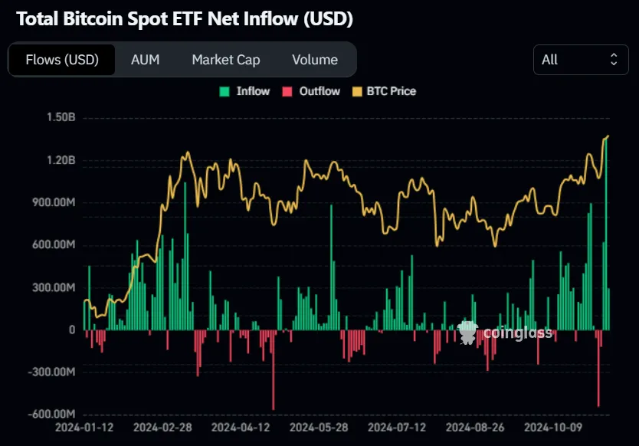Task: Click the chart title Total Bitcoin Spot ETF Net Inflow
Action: (185, 19)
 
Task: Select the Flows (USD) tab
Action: (62, 60)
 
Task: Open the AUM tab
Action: (146, 60)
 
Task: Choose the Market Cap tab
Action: (226, 60)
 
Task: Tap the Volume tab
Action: (315, 60)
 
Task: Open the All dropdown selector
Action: (580, 60)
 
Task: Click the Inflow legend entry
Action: (245, 91)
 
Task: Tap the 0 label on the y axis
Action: (72, 330)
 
